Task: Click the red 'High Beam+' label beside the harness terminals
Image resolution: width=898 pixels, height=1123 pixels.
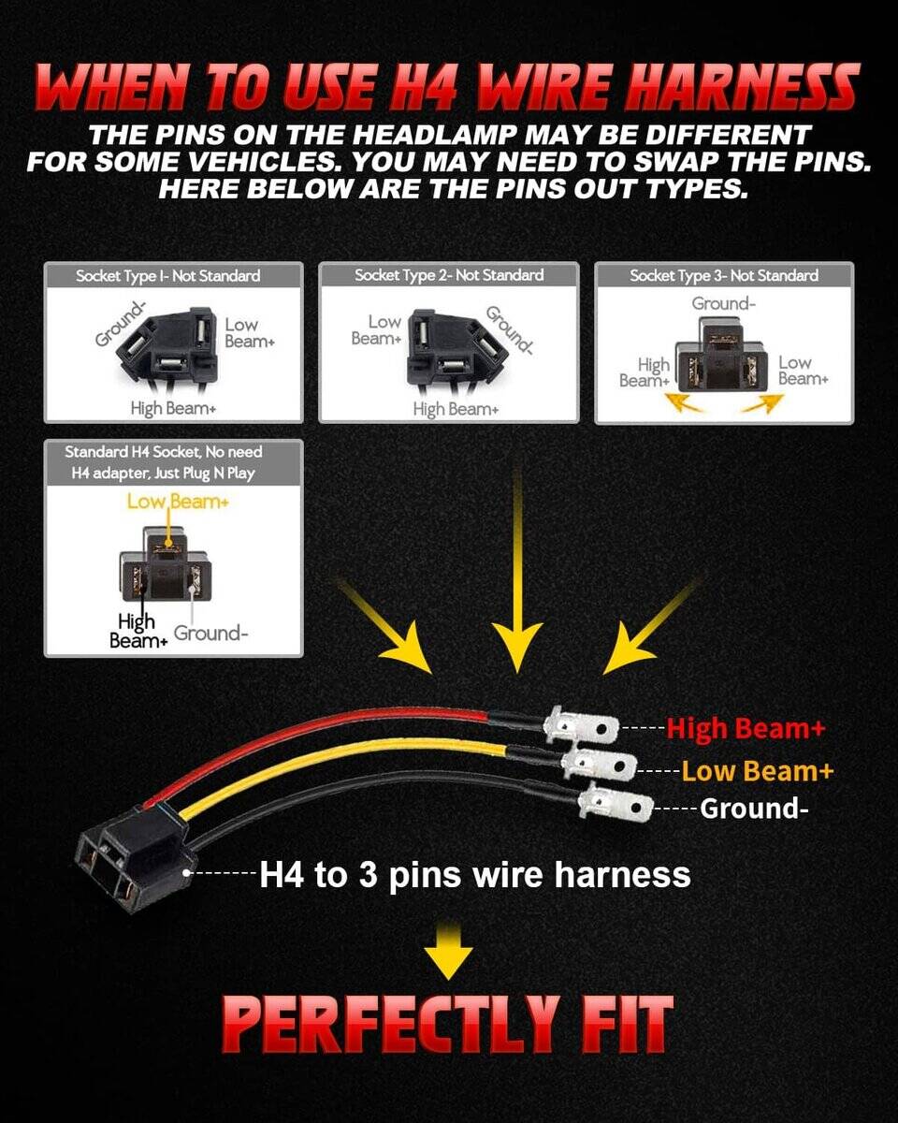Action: click(x=746, y=728)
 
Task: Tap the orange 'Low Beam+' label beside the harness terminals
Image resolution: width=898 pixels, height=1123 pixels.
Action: click(x=757, y=771)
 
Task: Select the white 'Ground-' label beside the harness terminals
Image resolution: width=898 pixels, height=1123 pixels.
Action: click(x=754, y=809)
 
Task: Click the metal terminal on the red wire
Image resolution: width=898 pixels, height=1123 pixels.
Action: click(x=581, y=726)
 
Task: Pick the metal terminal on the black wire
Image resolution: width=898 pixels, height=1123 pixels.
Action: click(x=616, y=804)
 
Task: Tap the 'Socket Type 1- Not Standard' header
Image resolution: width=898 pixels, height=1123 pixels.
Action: click(x=168, y=275)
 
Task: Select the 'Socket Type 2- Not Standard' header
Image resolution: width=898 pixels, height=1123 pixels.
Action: click(x=449, y=275)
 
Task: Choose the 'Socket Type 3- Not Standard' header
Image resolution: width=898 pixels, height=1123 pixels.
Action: click(x=724, y=275)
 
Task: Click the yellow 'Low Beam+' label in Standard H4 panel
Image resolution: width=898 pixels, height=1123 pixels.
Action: click(x=178, y=502)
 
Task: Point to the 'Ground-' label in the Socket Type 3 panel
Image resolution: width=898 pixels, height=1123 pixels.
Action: click(x=723, y=303)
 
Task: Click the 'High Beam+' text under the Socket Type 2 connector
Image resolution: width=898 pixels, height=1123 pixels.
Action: click(x=456, y=409)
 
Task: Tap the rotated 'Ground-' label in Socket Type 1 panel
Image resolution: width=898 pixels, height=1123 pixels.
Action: click(x=120, y=324)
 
